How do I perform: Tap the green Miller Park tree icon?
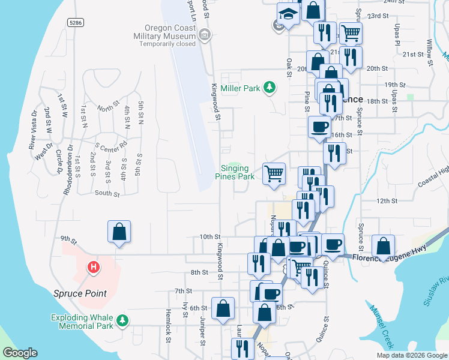click(x=270, y=88)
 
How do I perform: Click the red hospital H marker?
click(x=93, y=267)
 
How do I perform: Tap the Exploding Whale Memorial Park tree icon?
click(x=122, y=321)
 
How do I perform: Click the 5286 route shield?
click(x=76, y=23)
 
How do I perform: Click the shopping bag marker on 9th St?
click(x=119, y=232)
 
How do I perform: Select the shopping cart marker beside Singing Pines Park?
click(x=274, y=173)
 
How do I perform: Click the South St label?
click(x=107, y=193)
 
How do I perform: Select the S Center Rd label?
click(x=112, y=145)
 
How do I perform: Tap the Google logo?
click(x=20, y=353)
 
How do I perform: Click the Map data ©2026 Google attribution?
click(x=412, y=355)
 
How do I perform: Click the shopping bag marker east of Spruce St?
click(x=383, y=245)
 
